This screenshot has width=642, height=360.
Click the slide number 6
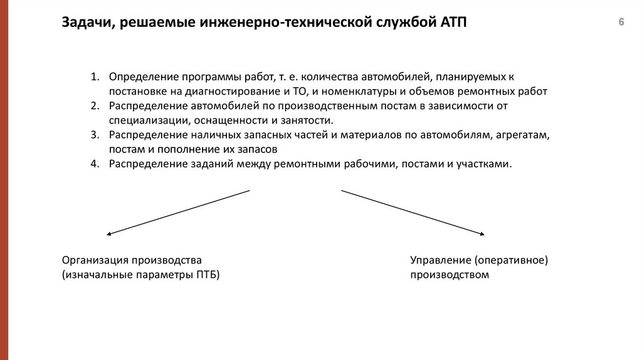(621, 23)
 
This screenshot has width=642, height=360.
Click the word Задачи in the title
(83, 24)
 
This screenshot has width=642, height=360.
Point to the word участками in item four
(488, 164)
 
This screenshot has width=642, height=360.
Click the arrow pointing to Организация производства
(179, 212)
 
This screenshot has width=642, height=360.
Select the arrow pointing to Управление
(413, 212)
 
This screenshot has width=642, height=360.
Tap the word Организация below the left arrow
(93, 260)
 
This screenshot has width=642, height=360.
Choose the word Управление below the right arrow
(439, 260)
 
